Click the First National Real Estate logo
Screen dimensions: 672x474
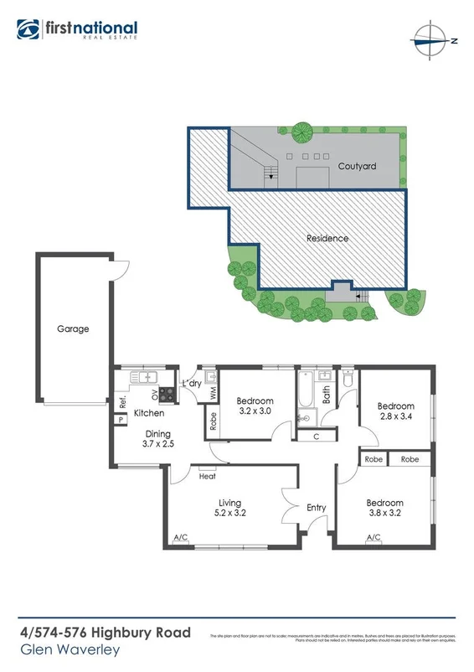pyautogui.click(x=78, y=29)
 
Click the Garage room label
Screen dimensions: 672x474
pyautogui.click(x=73, y=329)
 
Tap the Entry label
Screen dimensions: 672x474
pyautogui.click(x=317, y=508)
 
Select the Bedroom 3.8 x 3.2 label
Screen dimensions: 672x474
pyautogui.click(x=384, y=508)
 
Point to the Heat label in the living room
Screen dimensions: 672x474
pyautogui.click(x=208, y=476)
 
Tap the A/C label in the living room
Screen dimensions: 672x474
pyautogui.click(x=179, y=537)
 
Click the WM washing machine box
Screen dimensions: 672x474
pyautogui.click(x=213, y=391)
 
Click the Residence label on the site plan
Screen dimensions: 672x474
pyautogui.click(x=327, y=238)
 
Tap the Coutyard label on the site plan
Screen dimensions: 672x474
pyautogui.click(x=357, y=166)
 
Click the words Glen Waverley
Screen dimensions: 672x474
pyautogui.click(x=70, y=649)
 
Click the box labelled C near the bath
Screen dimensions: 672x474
pyautogui.click(x=316, y=436)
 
